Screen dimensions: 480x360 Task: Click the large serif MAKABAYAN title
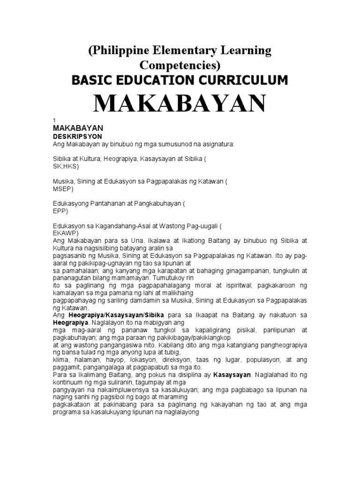pyautogui.click(x=180, y=104)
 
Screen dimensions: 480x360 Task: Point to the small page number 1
pyautogui.click(x=54, y=121)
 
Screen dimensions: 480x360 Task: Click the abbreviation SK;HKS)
pyautogui.click(x=66, y=166)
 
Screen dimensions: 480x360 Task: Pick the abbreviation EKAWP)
pyautogui.click(x=66, y=233)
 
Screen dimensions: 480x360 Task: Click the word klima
pyautogui.click(x=61, y=359)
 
